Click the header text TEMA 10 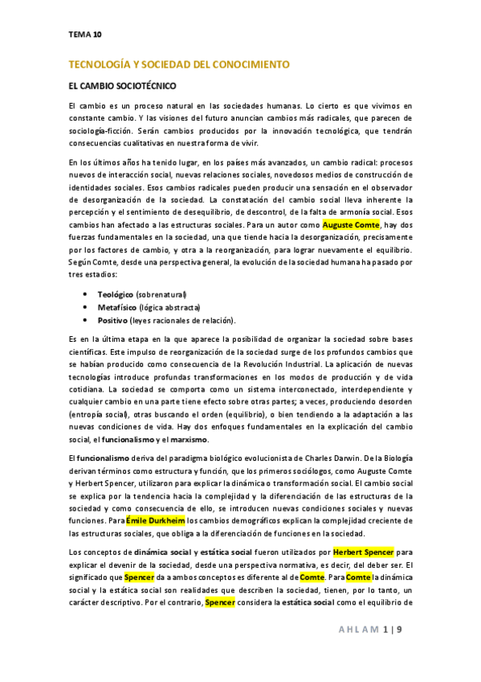coord(85,35)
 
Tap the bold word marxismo coord(186,439)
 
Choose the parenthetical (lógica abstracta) coord(169,307)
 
